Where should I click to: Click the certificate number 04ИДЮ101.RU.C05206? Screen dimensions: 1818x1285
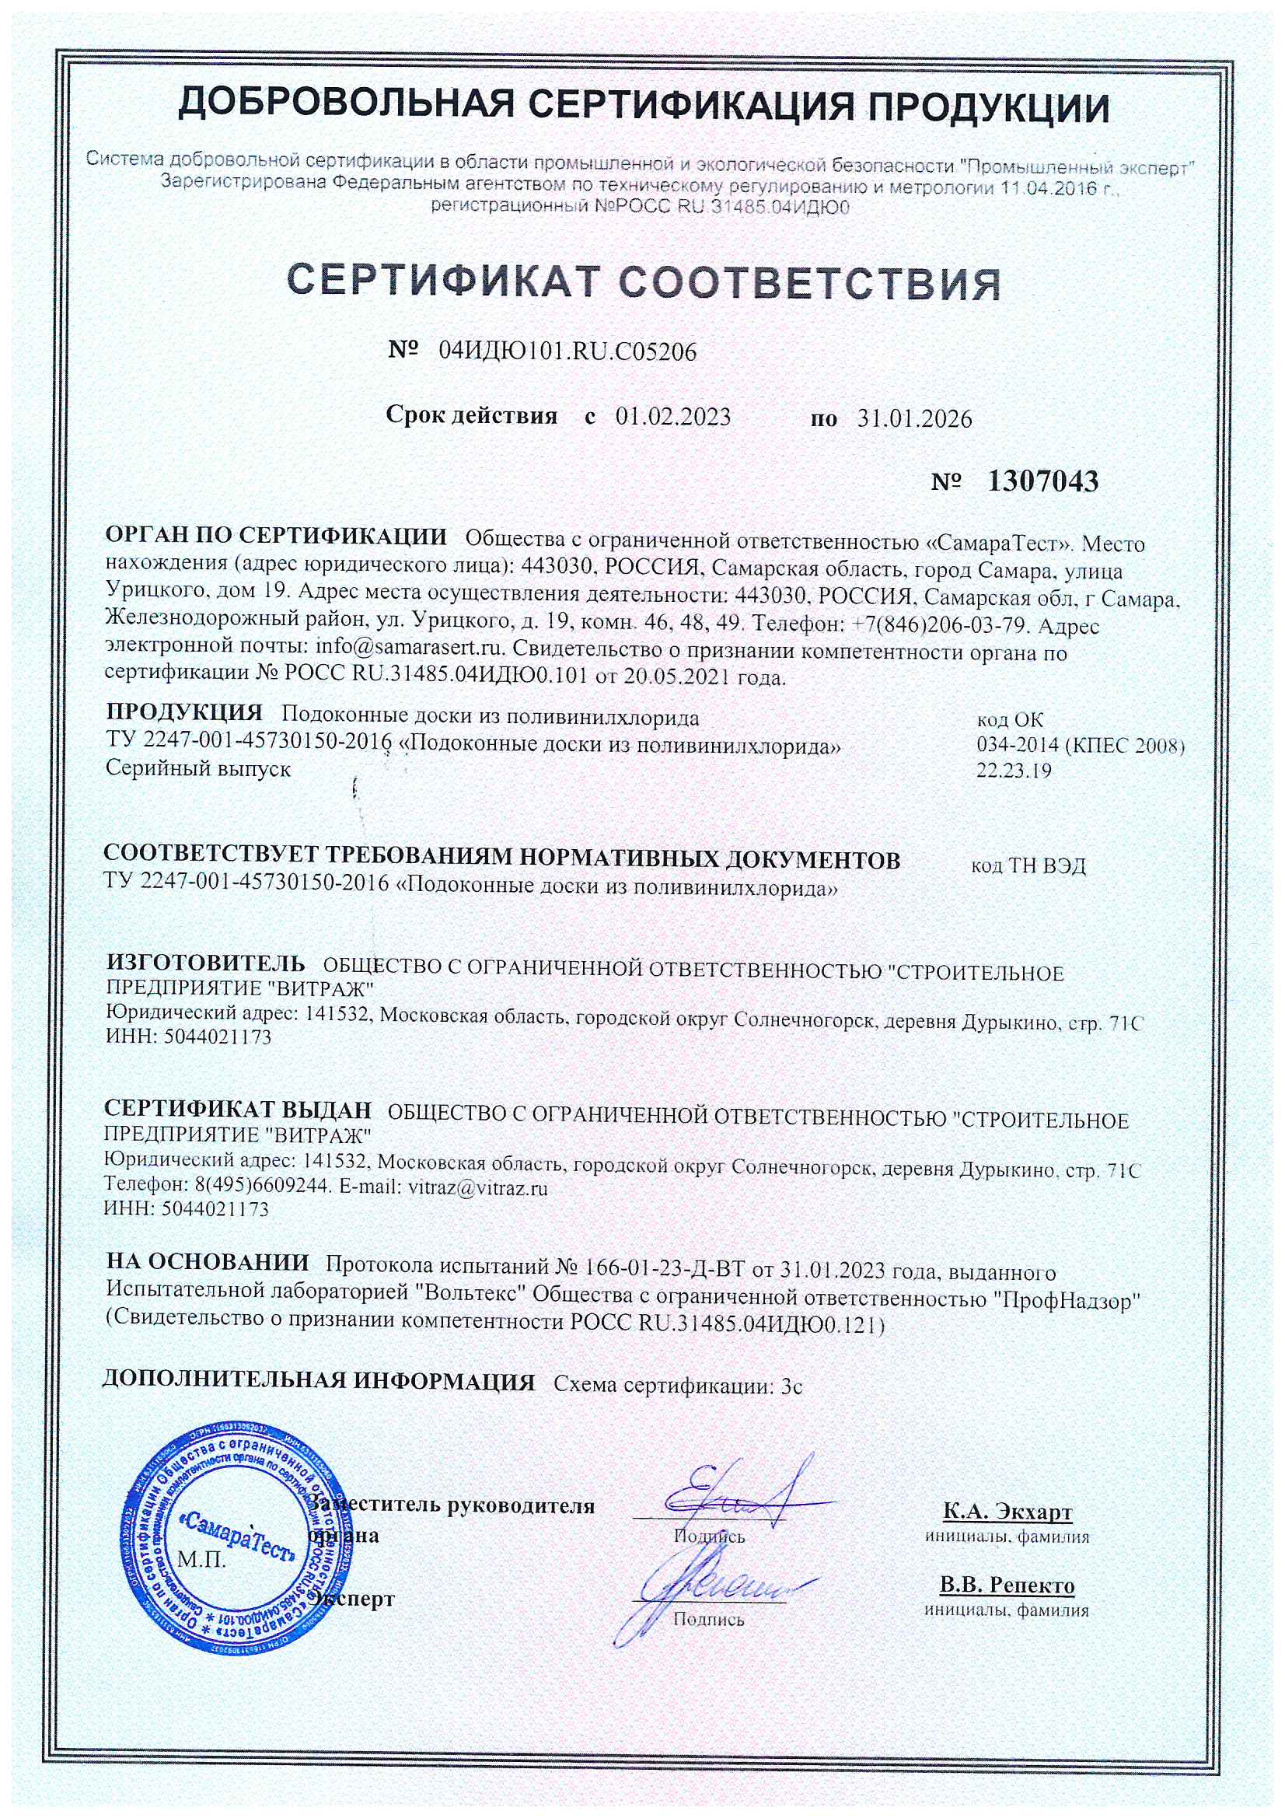[x=567, y=351]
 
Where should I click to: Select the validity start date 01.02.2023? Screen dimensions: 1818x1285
[x=673, y=417]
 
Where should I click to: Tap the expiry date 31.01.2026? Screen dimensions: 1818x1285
[x=914, y=418]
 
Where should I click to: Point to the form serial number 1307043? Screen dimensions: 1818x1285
[x=1042, y=481]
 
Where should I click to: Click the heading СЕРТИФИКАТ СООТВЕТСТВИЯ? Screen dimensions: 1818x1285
[x=643, y=284]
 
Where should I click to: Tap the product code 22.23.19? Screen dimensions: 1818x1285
[x=1014, y=771]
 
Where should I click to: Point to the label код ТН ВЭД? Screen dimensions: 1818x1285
[x=1028, y=865]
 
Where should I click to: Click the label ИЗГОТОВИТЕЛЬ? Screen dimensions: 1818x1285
[x=205, y=963]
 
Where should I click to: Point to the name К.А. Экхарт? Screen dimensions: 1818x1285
[x=1007, y=1512]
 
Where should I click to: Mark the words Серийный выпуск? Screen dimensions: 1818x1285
[x=198, y=769]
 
